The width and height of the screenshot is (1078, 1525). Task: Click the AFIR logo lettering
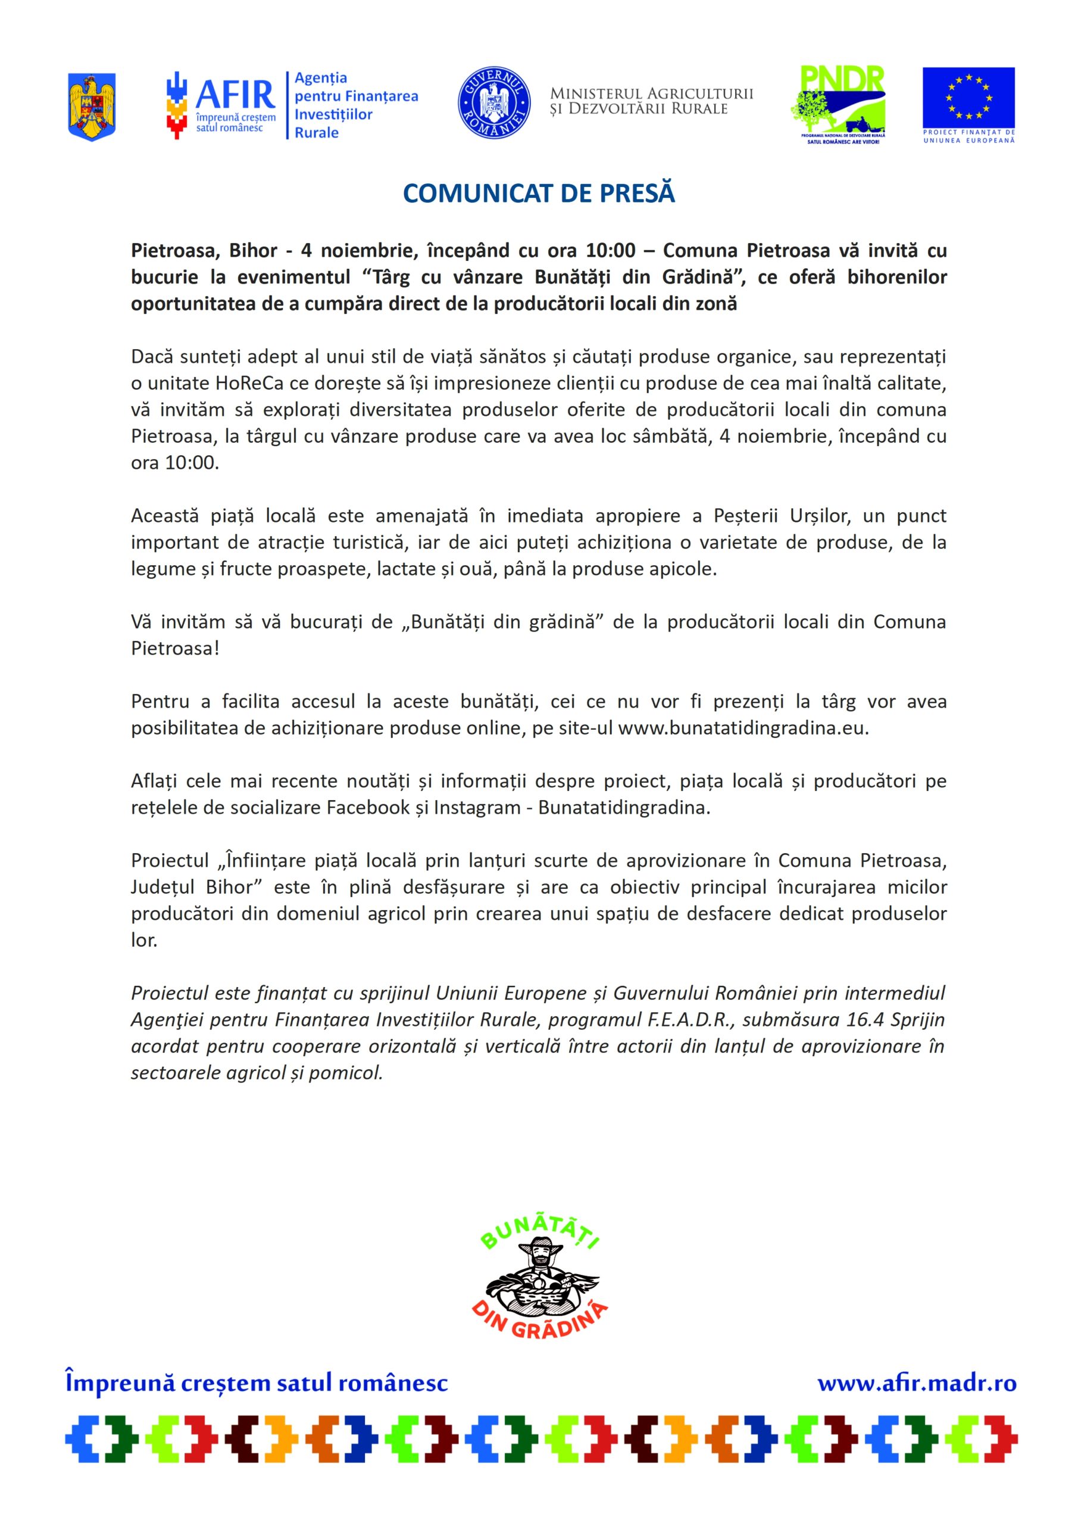(235, 95)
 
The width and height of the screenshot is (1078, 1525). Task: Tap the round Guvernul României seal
(494, 103)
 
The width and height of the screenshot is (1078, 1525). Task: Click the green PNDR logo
(841, 103)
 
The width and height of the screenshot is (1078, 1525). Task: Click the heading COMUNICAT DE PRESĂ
(539, 193)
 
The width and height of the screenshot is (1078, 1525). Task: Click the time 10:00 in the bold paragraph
(610, 250)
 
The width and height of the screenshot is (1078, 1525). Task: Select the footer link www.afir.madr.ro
(917, 1384)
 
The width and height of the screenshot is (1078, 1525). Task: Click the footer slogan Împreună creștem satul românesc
(256, 1384)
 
